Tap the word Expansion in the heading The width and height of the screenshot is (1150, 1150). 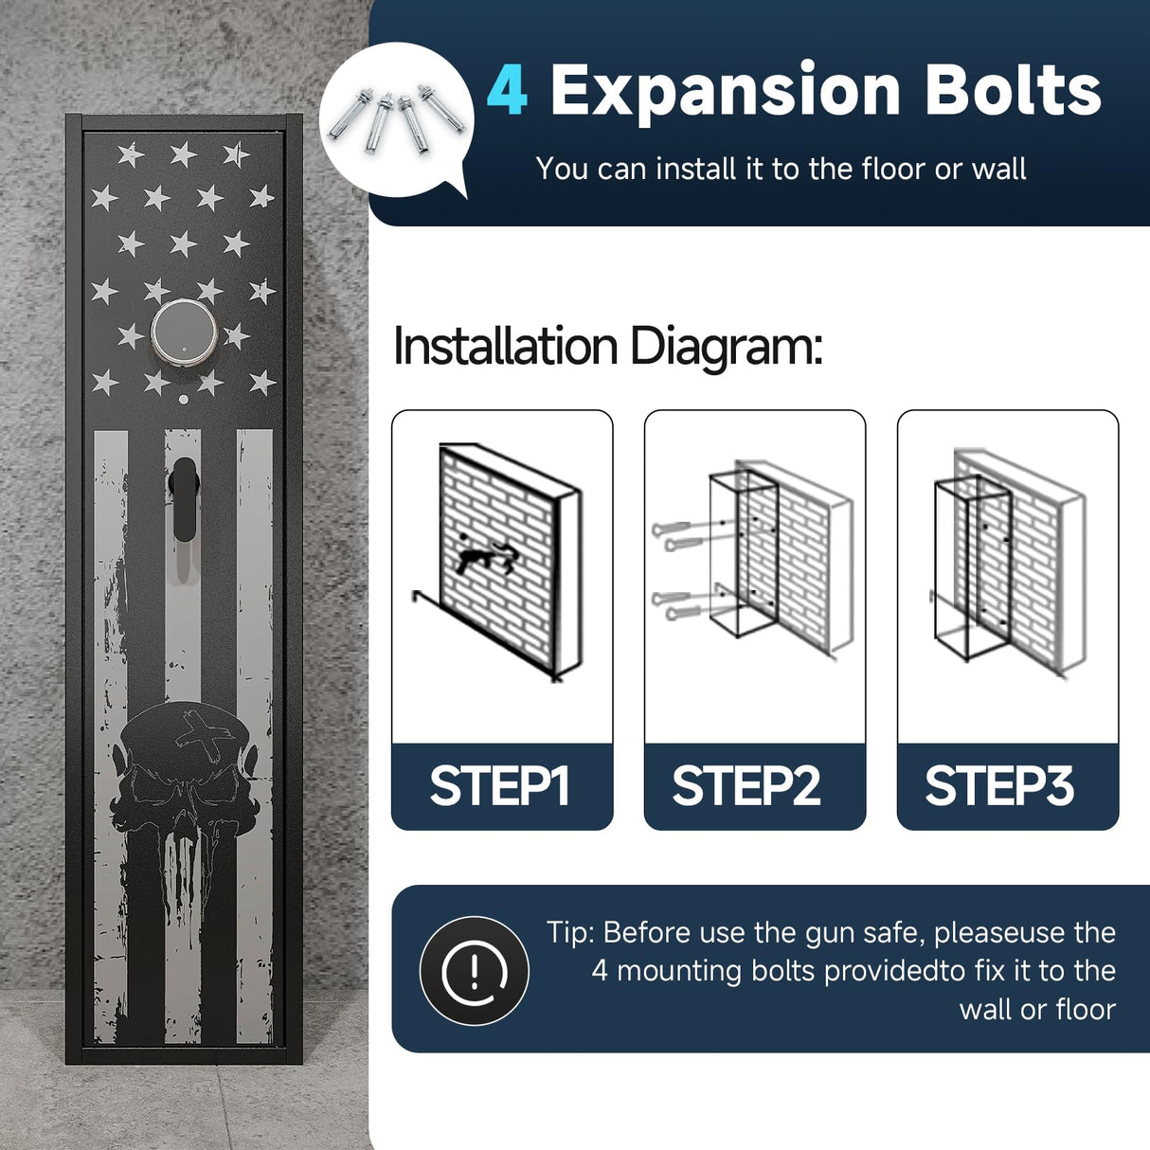coord(725,94)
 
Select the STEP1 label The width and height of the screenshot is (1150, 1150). coord(499,786)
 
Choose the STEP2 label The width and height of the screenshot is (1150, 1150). coord(746,786)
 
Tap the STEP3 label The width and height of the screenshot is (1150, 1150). coord(999,786)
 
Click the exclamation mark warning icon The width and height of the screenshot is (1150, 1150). coord(475,971)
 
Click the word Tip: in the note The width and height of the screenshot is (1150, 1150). coord(570,933)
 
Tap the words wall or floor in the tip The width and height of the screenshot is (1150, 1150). coord(1038,1010)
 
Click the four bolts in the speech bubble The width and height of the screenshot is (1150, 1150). coord(396,119)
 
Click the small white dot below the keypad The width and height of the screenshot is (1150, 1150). coord(184,399)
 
